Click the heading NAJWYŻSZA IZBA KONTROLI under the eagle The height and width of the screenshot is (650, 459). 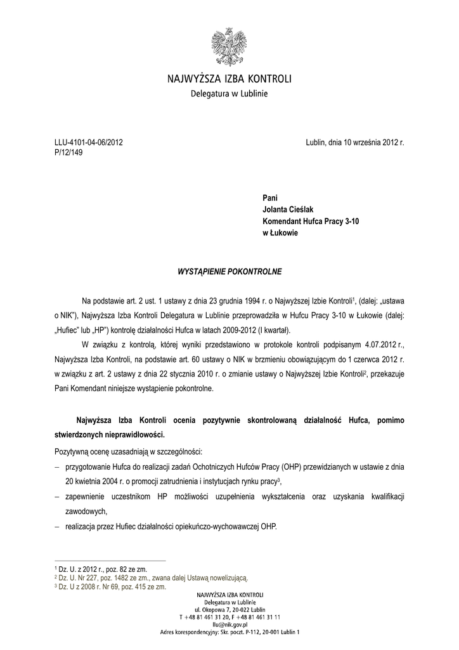(229, 80)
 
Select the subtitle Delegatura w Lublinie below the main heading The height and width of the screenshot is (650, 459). (229, 95)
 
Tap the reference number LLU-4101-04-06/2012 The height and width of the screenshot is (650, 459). (88, 143)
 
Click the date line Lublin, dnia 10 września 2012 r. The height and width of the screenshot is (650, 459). (354, 143)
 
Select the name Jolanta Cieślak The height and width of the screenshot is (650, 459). (288, 209)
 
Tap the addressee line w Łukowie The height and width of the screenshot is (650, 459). (280, 233)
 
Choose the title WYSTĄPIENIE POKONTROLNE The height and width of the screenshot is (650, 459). (229, 272)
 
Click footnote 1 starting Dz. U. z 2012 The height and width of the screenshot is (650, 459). (101, 569)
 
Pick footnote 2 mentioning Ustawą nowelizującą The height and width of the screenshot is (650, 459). (152, 578)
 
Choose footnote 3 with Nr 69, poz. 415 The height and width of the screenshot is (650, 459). (111, 587)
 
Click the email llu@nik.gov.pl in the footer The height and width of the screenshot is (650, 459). (229, 624)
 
